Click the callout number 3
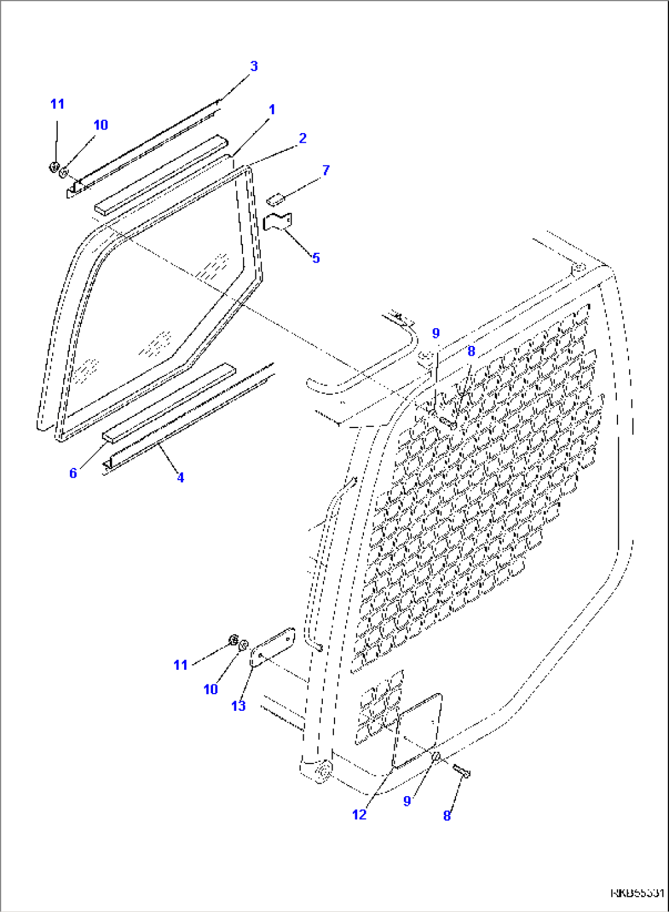tap(253, 66)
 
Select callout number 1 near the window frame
tap(272, 110)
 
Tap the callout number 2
tap(303, 139)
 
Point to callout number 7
tap(326, 171)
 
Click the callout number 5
tap(315, 258)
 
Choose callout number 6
tap(73, 473)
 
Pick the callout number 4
tap(180, 477)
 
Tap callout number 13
tap(238, 706)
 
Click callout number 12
tap(359, 814)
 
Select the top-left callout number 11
tap(57, 104)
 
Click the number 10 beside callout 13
tap(211, 689)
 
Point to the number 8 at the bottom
tap(447, 816)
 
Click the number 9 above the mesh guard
tap(436, 334)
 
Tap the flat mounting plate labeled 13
tap(273, 646)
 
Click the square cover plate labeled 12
tap(417, 730)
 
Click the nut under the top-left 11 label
tap(53, 166)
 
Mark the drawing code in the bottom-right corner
tap(636, 893)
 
